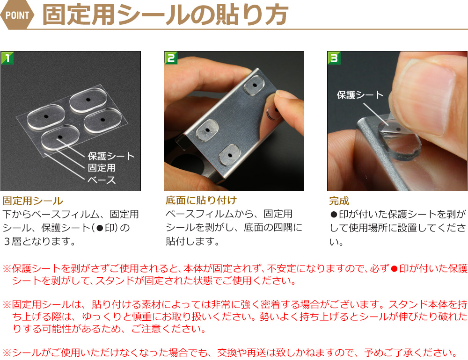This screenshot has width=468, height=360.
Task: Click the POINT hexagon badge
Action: [17, 15]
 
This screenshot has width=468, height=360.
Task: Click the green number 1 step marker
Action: [7, 58]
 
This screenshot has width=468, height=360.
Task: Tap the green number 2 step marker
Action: [171, 58]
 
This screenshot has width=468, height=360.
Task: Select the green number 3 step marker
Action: [334, 58]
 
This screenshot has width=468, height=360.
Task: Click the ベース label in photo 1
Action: [102, 180]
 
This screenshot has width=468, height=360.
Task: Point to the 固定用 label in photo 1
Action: [102, 168]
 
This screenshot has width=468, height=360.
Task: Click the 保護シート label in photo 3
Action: [360, 95]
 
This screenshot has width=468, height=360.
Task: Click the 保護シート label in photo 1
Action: [111, 156]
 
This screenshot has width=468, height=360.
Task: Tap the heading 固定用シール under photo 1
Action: [33, 201]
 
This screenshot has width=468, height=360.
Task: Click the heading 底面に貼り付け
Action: [201, 200]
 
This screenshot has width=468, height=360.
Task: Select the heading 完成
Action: [339, 201]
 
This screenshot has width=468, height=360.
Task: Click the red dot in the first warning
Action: [394, 269]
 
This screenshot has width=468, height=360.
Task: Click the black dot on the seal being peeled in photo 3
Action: [399, 130]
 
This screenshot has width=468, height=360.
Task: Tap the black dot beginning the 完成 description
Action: [334, 215]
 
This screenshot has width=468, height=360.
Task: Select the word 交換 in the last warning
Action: [227, 353]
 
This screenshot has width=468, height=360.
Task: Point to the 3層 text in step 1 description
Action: [12, 241]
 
